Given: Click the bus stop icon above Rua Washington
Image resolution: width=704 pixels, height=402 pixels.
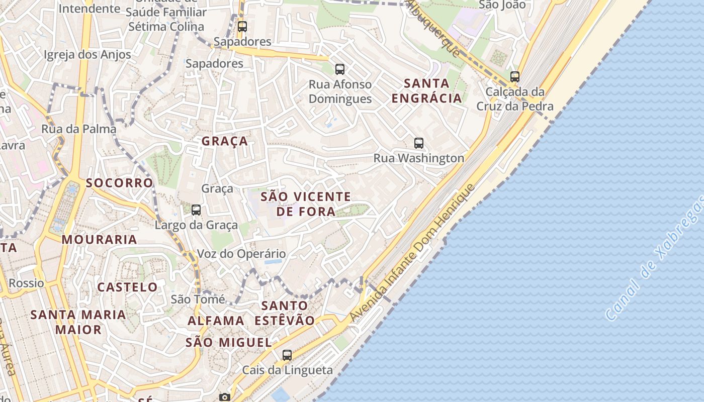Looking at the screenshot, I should click(x=419, y=143).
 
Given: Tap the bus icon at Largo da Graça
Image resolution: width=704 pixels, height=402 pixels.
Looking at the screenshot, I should click(x=196, y=210).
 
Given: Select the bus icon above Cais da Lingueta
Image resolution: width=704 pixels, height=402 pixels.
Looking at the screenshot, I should click(x=287, y=355).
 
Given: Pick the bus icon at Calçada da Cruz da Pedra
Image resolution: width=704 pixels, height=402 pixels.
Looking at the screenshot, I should click(x=514, y=77).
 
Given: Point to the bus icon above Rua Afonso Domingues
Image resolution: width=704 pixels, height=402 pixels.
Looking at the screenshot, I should click(x=340, y=69).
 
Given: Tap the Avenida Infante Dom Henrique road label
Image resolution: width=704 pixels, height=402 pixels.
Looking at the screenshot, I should click(x=412, y=254).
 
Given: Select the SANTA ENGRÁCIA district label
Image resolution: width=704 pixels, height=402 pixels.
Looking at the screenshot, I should click(x=426, y=90).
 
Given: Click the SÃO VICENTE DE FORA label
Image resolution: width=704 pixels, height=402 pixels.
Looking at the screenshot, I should click(x=306, y=204).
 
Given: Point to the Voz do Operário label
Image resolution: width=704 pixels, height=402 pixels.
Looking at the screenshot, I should click(x=241, y=254).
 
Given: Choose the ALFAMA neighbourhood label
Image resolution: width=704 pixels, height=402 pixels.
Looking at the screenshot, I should click(x=216, y=321).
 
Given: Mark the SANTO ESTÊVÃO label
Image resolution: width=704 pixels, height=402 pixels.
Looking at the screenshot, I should click(x=285, y=313).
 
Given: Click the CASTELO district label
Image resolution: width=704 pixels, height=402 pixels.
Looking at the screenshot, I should click(x=127, y=287).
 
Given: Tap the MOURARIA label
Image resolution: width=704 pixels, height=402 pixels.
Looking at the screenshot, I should click(x=100, y=239).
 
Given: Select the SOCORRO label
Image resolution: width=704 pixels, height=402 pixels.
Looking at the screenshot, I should click(x=119, y=183).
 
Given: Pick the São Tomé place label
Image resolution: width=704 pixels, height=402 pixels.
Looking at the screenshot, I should click(x=198, y=299).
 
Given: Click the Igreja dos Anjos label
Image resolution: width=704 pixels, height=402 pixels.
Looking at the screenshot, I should click(x=87, y=55).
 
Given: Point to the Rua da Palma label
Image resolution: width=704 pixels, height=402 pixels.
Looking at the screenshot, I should click(x=78, y=129).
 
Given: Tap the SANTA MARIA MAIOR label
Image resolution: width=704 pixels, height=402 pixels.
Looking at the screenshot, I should click(x=78, y=322).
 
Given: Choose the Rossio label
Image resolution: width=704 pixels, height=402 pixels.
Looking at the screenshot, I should click(x=26, y=283).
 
